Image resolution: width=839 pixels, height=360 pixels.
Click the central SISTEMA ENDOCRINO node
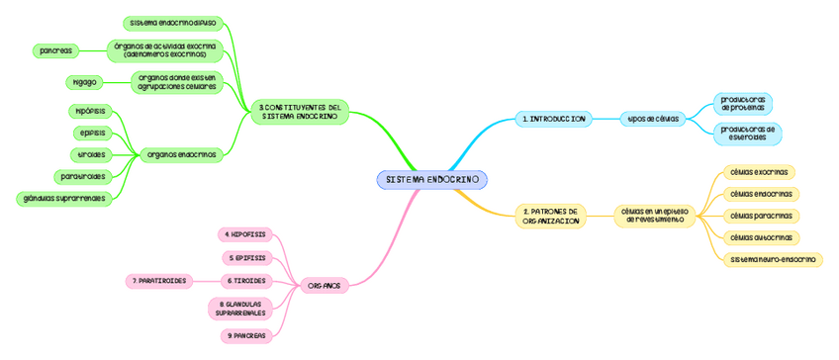point(431,180)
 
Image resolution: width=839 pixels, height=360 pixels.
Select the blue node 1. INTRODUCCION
point(554,119)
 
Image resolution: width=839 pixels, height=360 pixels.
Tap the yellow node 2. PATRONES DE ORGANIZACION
point(550,216)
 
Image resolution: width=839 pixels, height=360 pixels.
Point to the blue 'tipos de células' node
point(653,119)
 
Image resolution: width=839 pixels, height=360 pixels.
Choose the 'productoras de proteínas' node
point(743,104)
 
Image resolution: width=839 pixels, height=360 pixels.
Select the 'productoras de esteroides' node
point(747,133)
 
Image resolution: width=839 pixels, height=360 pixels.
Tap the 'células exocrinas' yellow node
point(759,172)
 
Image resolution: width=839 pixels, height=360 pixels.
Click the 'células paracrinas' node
point(760,216)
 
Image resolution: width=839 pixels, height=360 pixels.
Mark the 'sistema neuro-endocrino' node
point(774,259)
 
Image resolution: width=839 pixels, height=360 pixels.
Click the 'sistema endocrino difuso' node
point(173,22)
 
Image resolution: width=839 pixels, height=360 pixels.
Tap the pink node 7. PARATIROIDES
point(159,281)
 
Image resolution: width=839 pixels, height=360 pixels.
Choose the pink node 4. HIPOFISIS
point(244,234)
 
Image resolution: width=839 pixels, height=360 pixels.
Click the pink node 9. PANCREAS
point(245,336)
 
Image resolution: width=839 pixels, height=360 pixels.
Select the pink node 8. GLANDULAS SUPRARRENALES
point(240,309)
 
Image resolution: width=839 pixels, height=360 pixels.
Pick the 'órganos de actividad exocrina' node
point(165,49)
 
